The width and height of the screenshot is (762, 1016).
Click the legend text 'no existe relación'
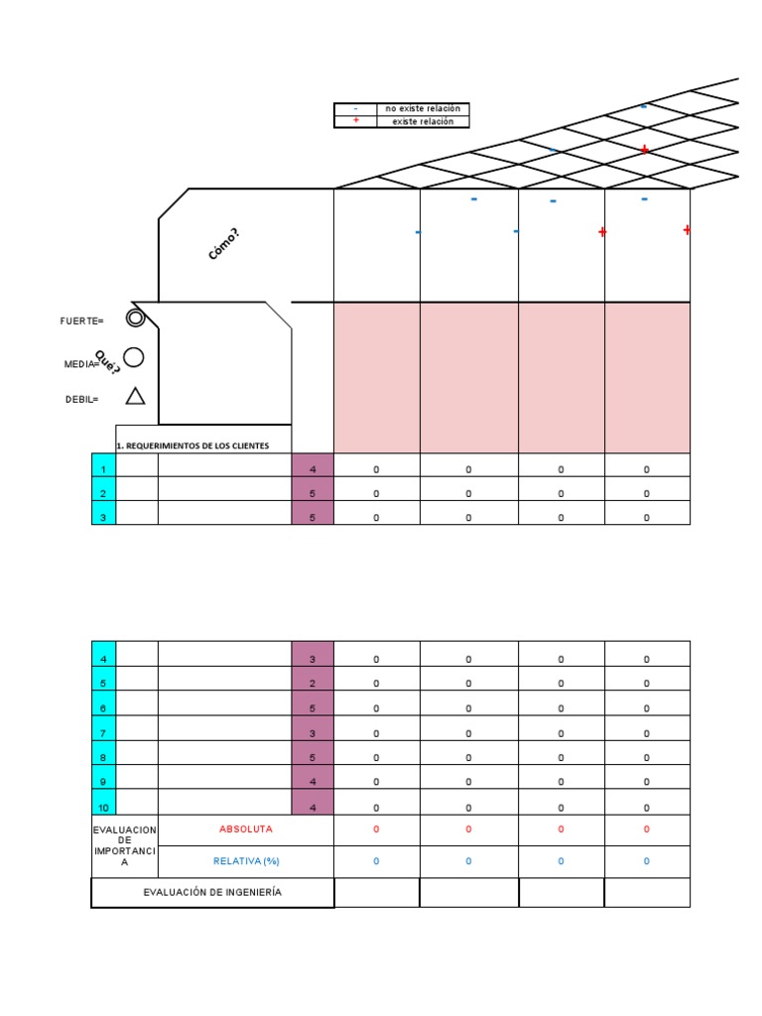423,108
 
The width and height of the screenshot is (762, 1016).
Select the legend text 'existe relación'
423,121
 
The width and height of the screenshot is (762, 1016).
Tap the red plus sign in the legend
355,121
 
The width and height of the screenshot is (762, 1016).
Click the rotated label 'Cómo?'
223,244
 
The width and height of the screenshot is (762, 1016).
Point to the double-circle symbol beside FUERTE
136,317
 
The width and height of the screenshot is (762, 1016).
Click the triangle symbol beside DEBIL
136,397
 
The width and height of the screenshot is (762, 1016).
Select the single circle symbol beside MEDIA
134,357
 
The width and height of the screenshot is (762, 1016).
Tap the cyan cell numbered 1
103,468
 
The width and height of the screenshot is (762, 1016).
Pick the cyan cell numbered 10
103,808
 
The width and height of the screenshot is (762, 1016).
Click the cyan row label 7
103,733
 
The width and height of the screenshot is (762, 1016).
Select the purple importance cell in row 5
313,684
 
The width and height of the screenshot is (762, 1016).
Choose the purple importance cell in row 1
313,468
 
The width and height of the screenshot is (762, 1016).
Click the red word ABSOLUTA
246,828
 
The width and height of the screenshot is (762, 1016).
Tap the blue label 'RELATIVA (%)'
246,861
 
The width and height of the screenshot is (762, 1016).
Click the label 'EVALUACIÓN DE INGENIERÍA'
212,892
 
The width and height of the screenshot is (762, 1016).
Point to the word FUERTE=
81,320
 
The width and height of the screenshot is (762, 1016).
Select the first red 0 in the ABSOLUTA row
376,828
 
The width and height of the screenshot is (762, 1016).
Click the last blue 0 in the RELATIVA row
647,861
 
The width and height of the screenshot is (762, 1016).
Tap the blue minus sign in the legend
355,108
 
